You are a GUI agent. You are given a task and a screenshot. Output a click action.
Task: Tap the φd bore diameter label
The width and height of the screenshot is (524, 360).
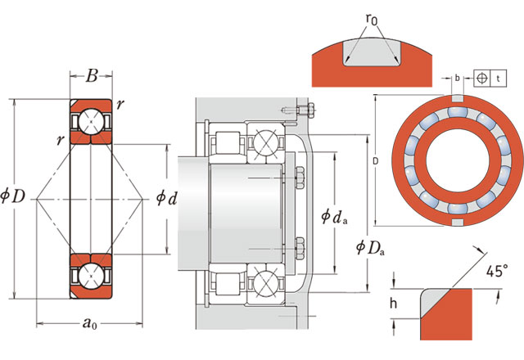[166, 198]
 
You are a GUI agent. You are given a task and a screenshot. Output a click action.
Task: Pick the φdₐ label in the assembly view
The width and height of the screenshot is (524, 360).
[336, 217]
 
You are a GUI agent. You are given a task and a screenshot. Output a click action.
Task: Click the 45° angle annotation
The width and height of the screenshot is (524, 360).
[496, 272]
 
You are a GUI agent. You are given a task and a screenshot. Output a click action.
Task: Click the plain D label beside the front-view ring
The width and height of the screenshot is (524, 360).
[374, 161]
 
